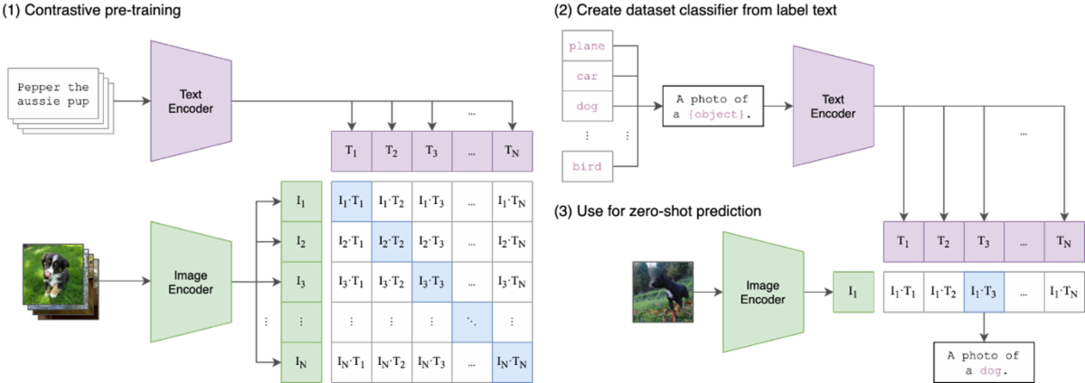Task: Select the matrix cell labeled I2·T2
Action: click(x=392, y=241)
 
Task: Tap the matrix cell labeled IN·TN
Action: click(x=514, y=362)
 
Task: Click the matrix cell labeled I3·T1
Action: click(x=351, y=282)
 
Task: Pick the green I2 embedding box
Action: click(x=301, y=241)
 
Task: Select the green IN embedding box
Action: click(x=301, y=362)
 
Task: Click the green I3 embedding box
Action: click(x=301, y=282)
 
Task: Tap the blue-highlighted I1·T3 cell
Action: click(x=984, y=293)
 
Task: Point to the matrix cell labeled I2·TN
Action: click(x=514, y=241)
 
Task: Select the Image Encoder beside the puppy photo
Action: click(x=192, y=282)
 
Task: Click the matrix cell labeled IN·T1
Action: click(x=351, y=362)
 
